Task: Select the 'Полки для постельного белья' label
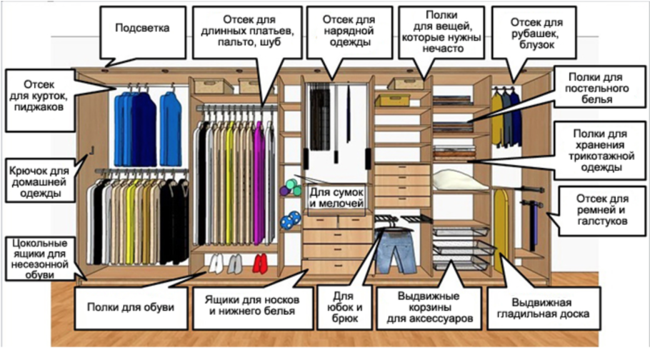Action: click(596, 88)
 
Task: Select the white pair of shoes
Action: click(213, 264)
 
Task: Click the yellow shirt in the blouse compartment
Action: click(497, 119)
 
